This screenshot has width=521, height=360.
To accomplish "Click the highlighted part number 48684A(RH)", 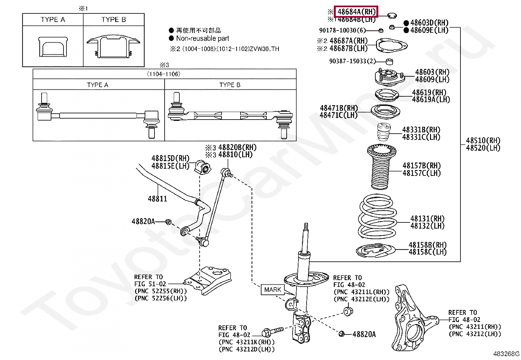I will (x=356, y=12).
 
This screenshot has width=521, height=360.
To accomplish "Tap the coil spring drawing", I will (x=378, y=216).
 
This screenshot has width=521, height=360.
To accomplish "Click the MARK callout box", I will (x=273, y=290).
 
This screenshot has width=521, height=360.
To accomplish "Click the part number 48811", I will (x=157, y=199).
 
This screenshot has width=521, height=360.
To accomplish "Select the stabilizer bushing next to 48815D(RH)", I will (x=204, y=167).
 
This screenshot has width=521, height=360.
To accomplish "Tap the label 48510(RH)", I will (x=483, y=141).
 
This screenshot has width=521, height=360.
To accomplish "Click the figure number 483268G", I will (x=506, y=354).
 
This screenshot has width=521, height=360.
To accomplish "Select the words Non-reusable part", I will (x=203, y=38).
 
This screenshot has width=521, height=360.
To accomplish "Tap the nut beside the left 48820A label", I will (x=168, y=222).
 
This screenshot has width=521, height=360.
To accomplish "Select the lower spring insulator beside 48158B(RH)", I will (x=374, y=250).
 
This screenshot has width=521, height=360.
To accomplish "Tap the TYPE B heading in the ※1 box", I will (x=114, y=20).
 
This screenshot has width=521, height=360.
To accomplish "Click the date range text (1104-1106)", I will (x=164, y=74).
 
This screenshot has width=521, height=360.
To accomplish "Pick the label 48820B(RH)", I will (x=237, y=147).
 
